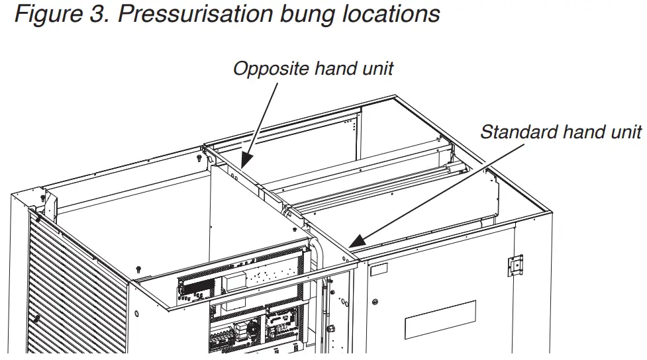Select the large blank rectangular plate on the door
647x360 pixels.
(440, 320)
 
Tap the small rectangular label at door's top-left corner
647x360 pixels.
(379, 269)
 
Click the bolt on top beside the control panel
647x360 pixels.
(138, 268)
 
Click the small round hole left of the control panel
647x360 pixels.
(137, 311)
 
